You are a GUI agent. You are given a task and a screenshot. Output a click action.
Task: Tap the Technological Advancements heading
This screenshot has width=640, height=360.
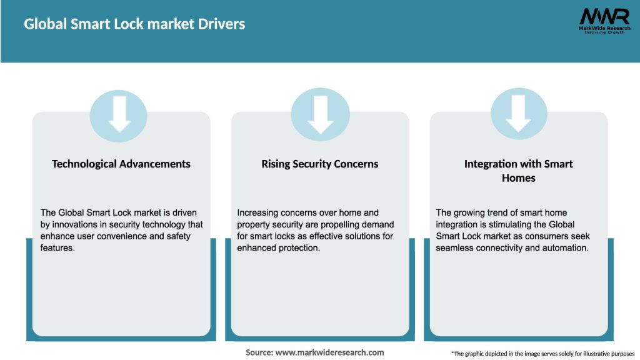point(121,164)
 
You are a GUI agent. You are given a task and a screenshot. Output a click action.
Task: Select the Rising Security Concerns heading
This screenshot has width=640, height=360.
point(320,164)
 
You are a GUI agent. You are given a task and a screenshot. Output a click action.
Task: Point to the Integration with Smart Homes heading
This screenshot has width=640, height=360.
point(519,171)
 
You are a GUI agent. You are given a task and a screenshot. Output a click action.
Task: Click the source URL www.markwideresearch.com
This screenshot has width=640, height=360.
point(329,352)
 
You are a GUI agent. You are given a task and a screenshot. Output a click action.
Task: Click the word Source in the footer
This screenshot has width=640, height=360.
point(259,352)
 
